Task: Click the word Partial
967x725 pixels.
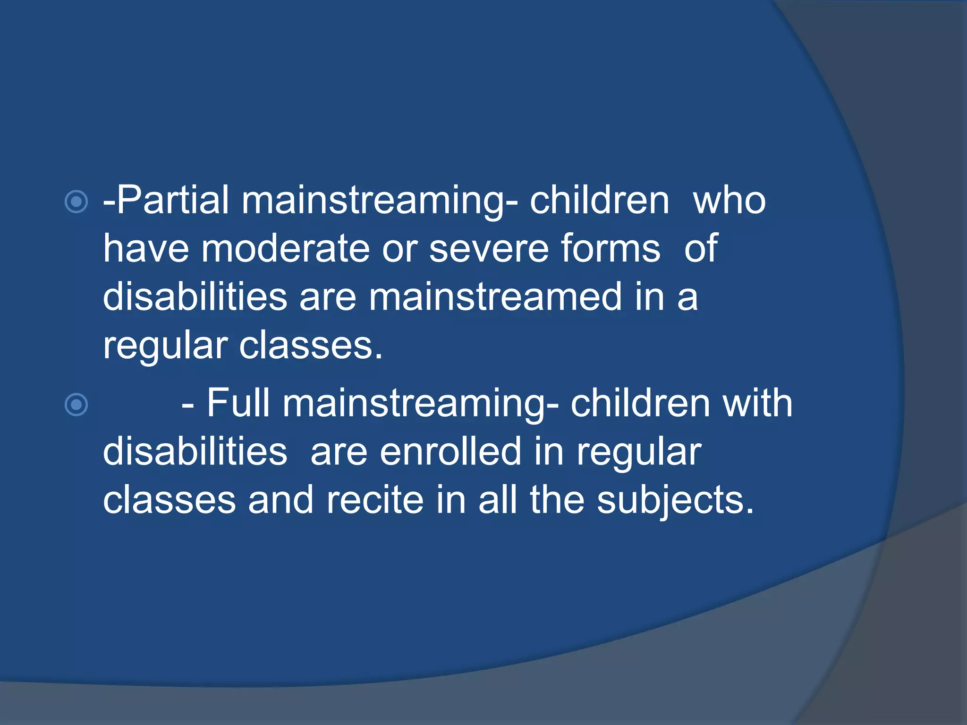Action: coord(172,200)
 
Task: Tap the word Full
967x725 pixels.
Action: coord(238,403)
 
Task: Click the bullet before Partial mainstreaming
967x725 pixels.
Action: coord(76,202)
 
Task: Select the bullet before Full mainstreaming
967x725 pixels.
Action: coord(76,405)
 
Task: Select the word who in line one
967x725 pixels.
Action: coord(729,200)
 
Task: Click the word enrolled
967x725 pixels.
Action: coord(450,452)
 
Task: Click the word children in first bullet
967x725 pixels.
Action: coord(599,200)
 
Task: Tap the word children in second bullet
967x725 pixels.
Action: coord(640,403)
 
